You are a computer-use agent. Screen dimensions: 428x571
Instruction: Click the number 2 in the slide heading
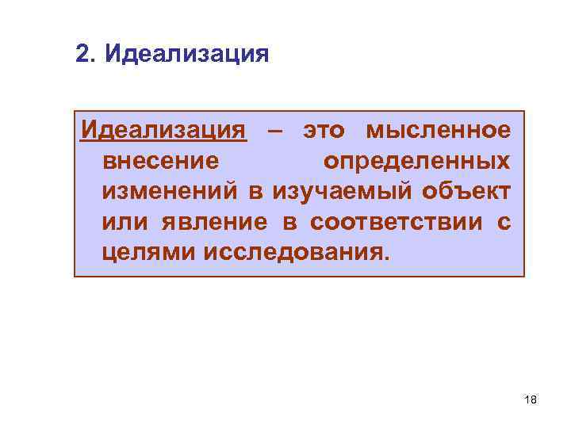[x=82, y=55]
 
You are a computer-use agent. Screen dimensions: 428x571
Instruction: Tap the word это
[x=324, y=130]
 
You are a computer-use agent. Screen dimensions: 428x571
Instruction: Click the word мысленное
[x=439, y=130]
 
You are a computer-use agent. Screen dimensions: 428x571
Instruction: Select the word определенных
[x=416, y=161]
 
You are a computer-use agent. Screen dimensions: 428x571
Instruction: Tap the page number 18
[x=531, y=400]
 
